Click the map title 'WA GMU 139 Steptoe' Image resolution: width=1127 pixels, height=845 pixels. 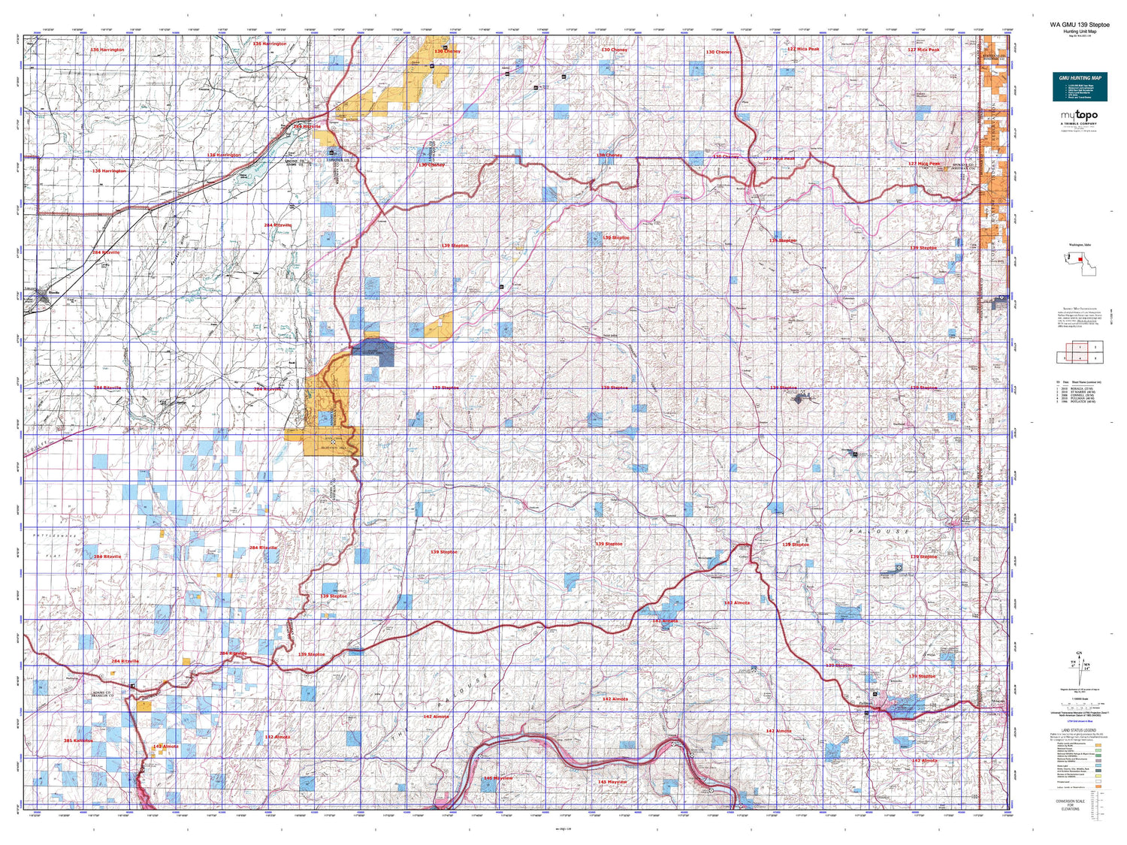[x=1079, y=25]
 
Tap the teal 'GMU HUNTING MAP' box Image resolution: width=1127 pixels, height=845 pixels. [x=1080, y=86]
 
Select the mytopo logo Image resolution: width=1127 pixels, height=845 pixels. [x=1079, y=117]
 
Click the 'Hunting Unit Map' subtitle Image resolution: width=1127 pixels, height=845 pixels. [x=1079, y=32]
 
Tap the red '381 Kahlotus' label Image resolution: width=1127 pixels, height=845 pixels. [x=78, y=741]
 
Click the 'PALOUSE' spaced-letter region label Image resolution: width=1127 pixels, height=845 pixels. [x=879, y=531]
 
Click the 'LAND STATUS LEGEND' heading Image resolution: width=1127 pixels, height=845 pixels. [x=1079, y=730]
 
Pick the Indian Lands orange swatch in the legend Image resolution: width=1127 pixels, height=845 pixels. [x=1098, y=786]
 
